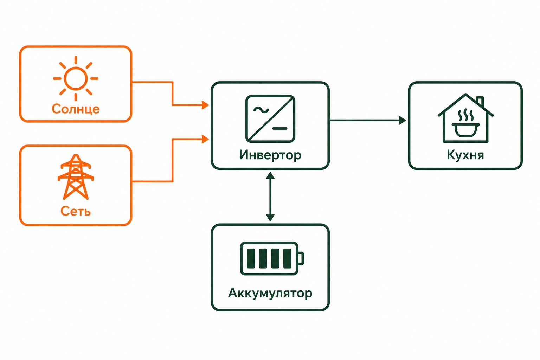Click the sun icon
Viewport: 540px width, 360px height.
coord(76,78)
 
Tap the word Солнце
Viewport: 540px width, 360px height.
coord(76,109)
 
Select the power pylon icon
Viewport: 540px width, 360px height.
coord(76,177)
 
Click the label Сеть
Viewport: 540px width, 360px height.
coord(76,211)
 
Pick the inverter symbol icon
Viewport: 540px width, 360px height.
coord(270,118)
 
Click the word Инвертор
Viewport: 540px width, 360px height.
coord(270,155)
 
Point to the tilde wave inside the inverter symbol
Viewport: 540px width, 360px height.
coord(261,110)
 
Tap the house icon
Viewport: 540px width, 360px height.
coord(465,118)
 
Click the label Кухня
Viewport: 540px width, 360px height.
coord(465,155)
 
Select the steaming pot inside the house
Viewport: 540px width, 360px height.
coord(466,123)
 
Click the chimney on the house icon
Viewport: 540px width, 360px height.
coord(480,101)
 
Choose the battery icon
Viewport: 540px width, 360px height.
coord(272,258)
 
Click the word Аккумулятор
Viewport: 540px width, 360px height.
coord(270,293)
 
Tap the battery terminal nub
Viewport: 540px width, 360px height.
coord(301,258)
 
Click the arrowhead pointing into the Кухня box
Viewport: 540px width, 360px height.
coord(402,120)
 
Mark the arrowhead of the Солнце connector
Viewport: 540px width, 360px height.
coord(205,105)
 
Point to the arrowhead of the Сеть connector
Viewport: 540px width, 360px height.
coord(205,139)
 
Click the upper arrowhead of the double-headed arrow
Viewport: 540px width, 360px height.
coord(270,175)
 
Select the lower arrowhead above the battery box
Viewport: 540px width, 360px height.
coord(270,218)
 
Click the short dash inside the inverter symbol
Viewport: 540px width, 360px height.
coord(279,129)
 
